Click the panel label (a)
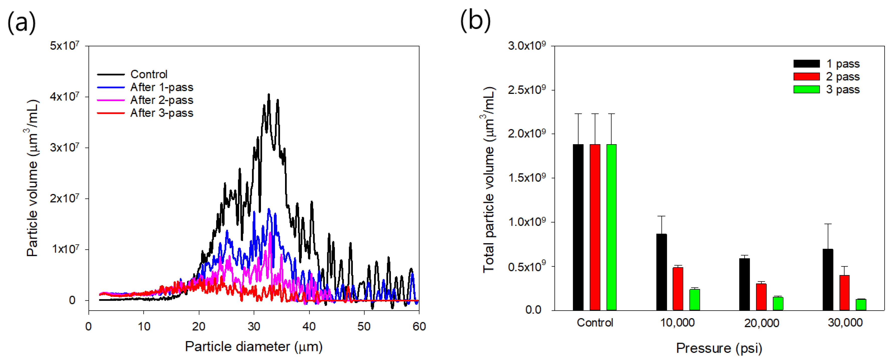(22, 22)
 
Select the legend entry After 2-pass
(161, 100)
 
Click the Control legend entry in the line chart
(149, 74)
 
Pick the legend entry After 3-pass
(161, 113)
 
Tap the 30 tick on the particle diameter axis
(254, 326)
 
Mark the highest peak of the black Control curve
(268, 94)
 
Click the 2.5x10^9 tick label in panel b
(526, 90)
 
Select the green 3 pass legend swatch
(807, 90)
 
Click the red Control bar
(595, 227)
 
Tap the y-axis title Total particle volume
(489, 180)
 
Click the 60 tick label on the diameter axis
(419, 326)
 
